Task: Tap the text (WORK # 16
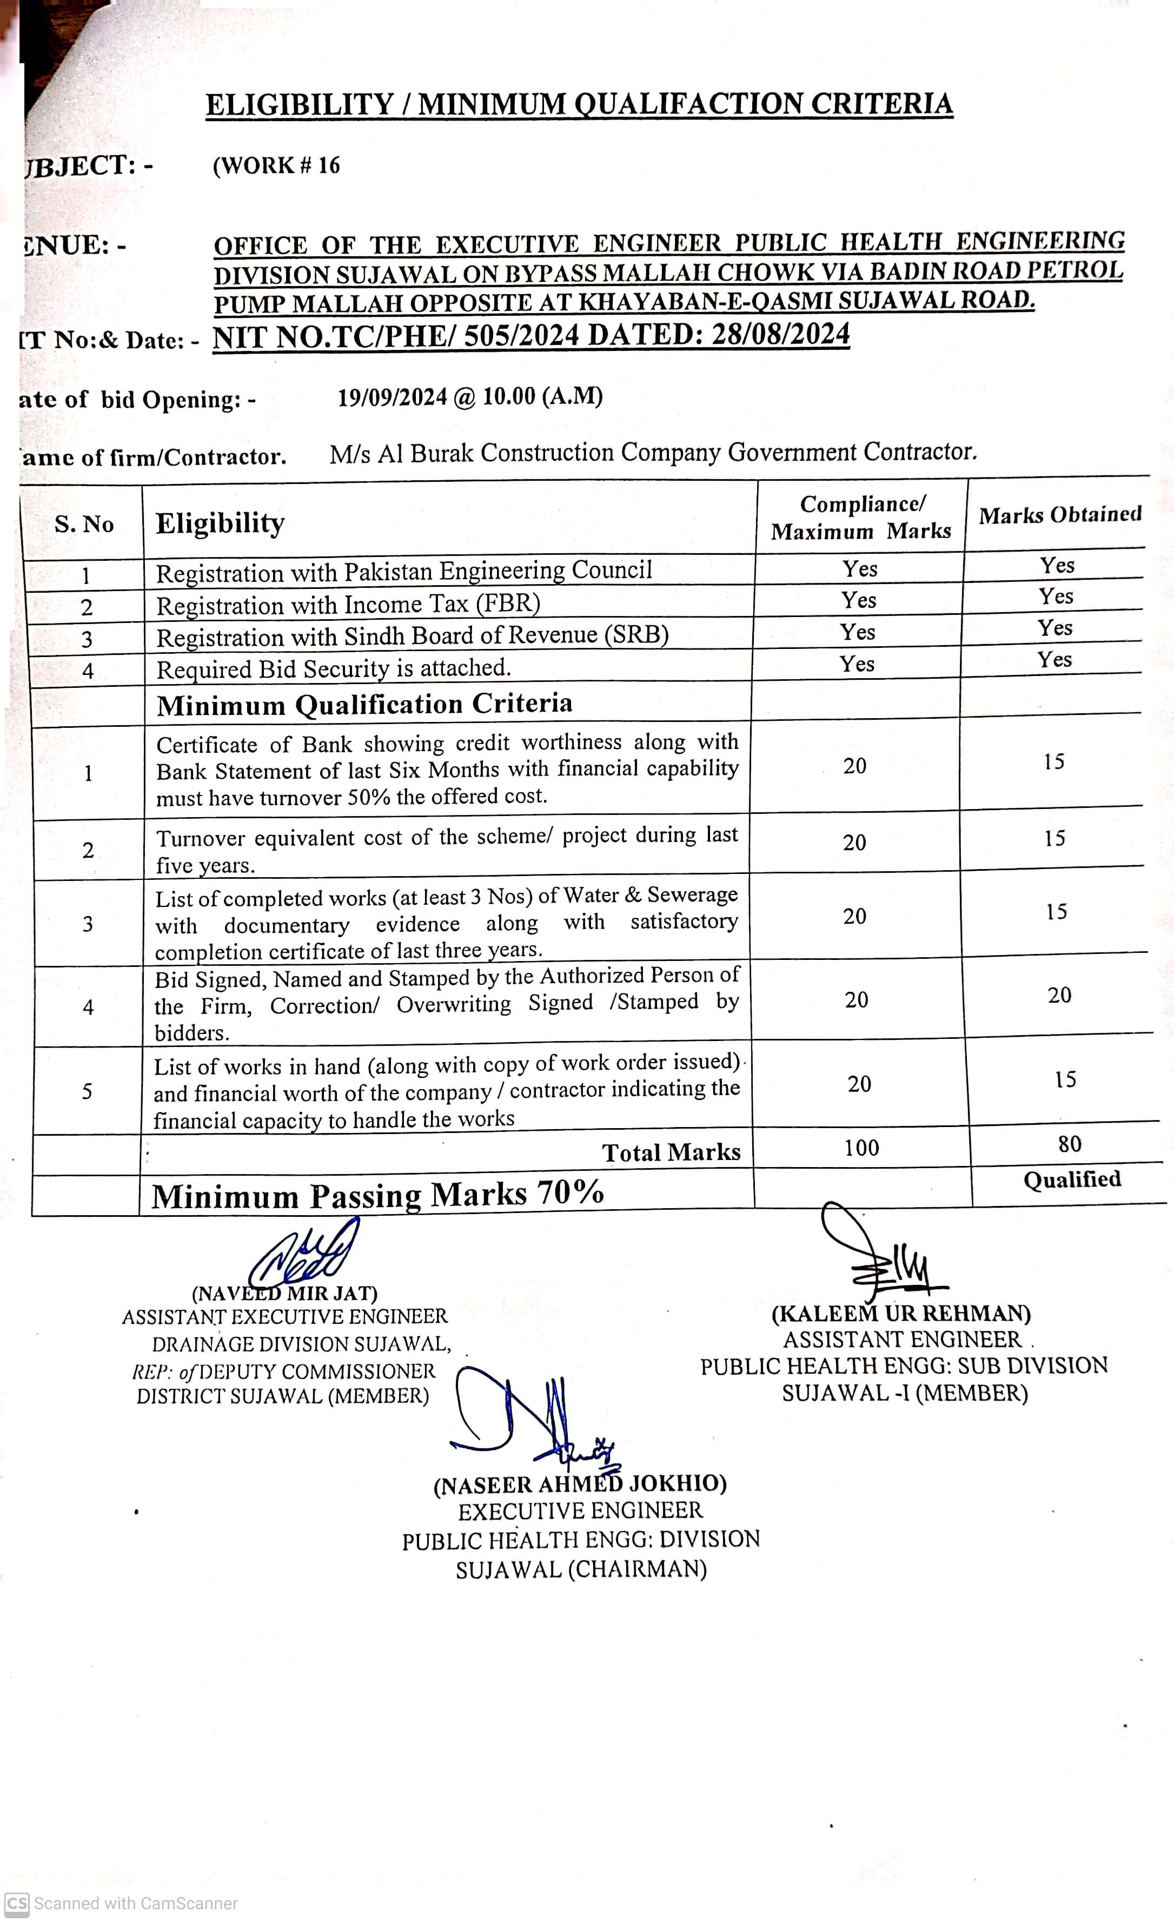pyautogui.click(x=276, y=165)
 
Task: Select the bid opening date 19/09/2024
pyautogui.click(x=393, y=397)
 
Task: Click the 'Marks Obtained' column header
pyautogui.click(x=1059, y=515)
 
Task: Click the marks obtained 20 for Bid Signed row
pyautogui.click(x=1059, y=995)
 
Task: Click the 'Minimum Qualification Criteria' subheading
pyautogui.click(x=364, y=704)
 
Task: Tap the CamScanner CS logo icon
pyautogui.click(x=16, y=1903)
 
